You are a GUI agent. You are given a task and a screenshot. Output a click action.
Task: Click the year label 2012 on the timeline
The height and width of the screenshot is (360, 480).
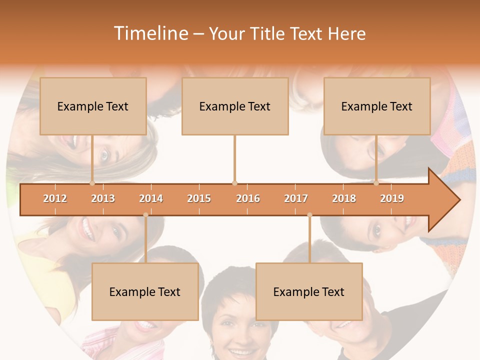point(55,198)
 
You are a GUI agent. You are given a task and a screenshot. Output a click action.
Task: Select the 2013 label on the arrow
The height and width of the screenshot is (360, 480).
point(103,198)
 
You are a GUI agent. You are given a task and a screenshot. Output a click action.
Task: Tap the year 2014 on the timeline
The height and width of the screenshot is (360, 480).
point(151,198)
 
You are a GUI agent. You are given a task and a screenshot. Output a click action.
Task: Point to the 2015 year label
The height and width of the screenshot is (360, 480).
point(199,198)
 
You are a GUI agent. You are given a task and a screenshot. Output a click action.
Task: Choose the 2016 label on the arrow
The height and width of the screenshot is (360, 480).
point(248,198)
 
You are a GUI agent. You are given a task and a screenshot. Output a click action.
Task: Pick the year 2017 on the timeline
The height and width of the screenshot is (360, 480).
point(296,198)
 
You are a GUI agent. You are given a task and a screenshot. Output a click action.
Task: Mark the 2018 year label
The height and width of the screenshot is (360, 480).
point(344,198)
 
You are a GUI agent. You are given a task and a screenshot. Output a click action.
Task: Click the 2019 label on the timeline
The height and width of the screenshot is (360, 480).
point(392,198)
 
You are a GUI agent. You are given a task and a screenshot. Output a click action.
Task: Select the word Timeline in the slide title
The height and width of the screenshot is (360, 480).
point(150,33)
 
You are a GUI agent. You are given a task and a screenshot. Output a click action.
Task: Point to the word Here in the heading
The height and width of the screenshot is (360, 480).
point(346,33)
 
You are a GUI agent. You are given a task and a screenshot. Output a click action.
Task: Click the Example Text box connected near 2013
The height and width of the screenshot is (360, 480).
point(93,106)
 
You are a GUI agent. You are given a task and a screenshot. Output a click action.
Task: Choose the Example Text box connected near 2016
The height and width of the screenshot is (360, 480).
point(235,106)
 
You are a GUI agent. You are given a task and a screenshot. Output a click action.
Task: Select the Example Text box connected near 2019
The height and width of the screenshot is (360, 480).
point(377,106)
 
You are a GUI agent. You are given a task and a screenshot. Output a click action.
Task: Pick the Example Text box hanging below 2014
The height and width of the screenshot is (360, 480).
point(145,291)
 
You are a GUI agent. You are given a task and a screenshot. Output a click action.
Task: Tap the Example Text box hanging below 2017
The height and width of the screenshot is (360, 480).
point(309,291)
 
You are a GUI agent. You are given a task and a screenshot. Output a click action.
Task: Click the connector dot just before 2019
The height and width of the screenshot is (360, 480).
point(376,183)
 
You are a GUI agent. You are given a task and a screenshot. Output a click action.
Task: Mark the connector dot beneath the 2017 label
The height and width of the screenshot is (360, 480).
point(309,215)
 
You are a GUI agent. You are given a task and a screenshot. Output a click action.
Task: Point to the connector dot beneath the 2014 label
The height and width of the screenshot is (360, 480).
point(145,215)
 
